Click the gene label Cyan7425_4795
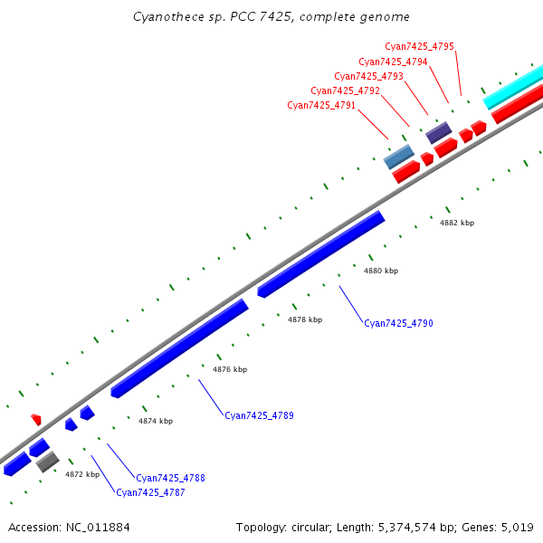pyautogui.click(x=419, y=46)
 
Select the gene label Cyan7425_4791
pyautogui.click(x=321, y=106)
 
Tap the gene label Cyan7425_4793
pyautogui.click(x=368, y=76)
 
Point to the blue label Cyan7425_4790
pyautogui.click(x=398, y=323)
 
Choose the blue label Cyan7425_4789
pyautogui.click(x=259, y=415)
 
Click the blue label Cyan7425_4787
pyautogui.click(x=150, y=492)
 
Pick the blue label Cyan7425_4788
pyautogui.click(x=170, y=478)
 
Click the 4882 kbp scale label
pyautogui.click(x=457, y=223)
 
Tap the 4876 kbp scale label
pyautogui.click(x=230, y=369)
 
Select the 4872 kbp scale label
pyautogui.click(x=81, y=474)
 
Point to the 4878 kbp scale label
pyautogui.click(x=305, y=319)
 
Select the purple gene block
pyautogui.click(x=439, y=133)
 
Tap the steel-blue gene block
pyautogui.click(x=399, y=157)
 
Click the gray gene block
pyautogui.click(x=48, y=462)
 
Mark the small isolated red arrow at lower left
pyautogui.click(x=36, y=419)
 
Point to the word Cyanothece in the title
pyautogui.click(x=160, y=16)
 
